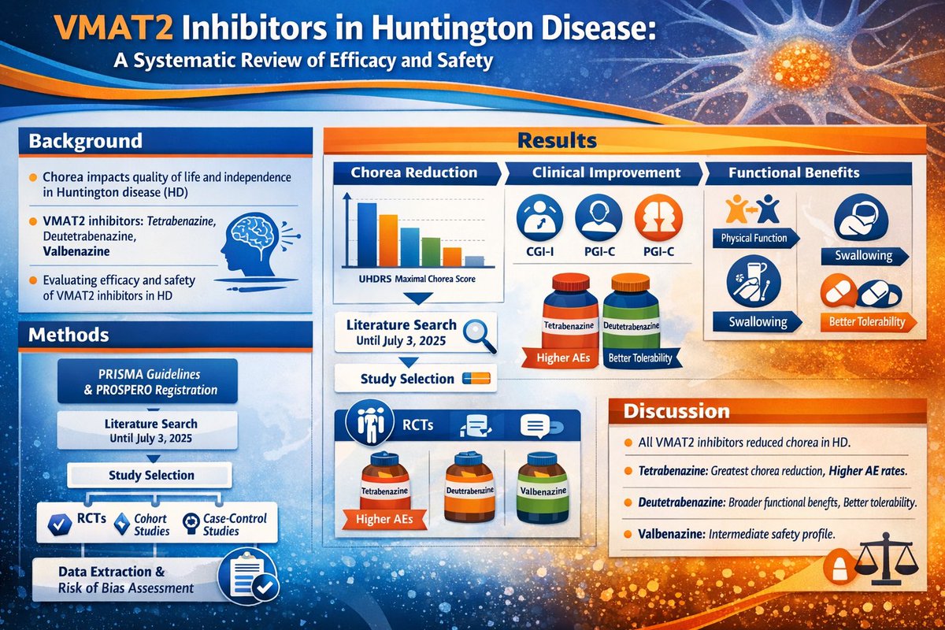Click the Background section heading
[86, 142]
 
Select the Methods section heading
[69, 335]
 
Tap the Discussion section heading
[676, 411]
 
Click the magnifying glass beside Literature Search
[477, 332]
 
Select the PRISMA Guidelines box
[147, 382]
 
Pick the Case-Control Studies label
[234, 524]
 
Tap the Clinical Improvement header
[606, 172]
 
